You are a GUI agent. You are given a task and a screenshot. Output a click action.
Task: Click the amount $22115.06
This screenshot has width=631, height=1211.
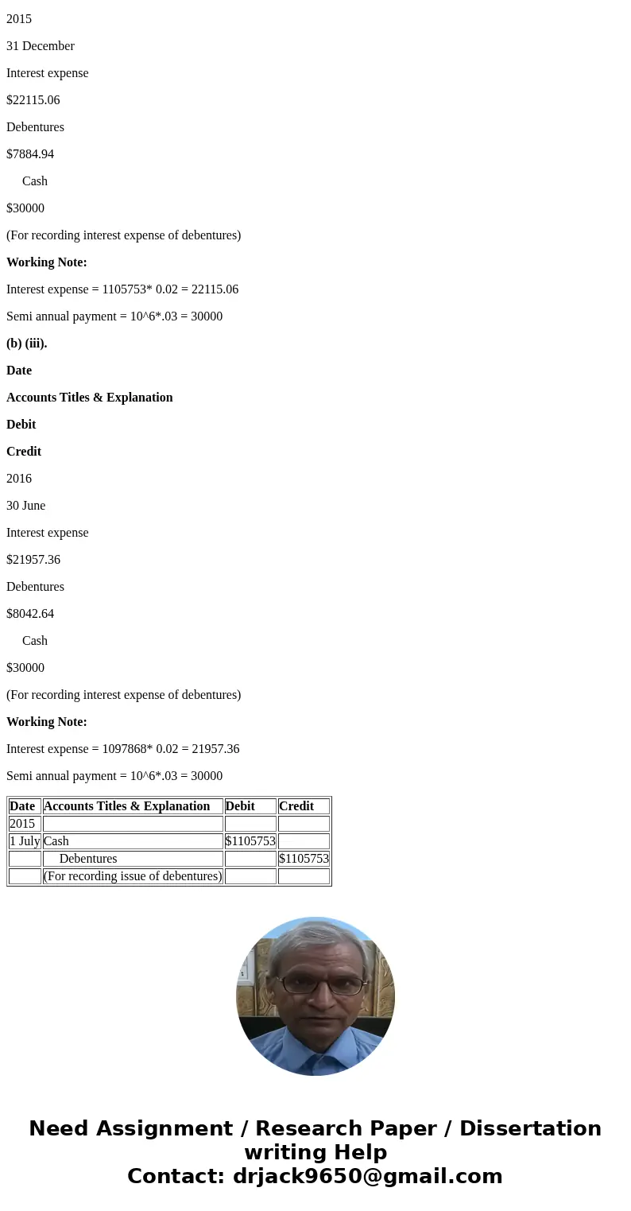pos(33,100)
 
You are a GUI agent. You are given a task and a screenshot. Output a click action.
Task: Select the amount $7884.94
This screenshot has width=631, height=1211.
pos(30,154)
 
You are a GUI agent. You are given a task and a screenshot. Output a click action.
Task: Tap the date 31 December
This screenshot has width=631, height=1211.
pos(41,46)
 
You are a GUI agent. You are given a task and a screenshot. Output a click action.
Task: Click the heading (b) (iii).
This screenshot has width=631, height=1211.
pos(27,344)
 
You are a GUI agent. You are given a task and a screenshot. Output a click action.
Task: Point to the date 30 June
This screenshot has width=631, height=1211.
pos(26,506)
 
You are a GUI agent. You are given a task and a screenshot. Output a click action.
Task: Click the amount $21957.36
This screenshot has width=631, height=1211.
pos(33,560)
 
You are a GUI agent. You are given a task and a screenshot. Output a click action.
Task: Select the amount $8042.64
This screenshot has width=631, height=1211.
pos(30,614)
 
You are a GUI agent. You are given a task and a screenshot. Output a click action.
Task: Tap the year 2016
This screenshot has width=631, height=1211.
pos(19,479)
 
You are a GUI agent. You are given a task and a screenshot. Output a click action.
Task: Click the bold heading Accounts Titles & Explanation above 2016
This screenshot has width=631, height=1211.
pos(90,398)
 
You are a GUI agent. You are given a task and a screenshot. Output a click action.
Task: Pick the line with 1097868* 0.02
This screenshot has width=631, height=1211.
pos(122,749)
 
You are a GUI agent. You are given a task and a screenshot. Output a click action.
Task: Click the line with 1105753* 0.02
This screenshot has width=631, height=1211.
pos(122,289)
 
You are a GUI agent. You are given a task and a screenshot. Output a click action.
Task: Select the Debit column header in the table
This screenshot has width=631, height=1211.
pos(241,806)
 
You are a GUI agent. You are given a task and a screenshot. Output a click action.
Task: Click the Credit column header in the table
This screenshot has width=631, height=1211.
pos(296,806)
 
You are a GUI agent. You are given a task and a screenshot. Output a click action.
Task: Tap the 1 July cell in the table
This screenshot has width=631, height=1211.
pos(25,841)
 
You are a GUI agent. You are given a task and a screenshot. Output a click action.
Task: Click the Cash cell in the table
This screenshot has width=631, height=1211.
pos(56,841)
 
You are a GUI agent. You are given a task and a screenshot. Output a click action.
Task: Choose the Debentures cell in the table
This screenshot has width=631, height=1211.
pos(88,859)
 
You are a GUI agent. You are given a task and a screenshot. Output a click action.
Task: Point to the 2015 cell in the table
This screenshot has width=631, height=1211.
pos(22,824)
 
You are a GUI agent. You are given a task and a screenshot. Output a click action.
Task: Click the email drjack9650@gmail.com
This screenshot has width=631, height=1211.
pos(367,1176)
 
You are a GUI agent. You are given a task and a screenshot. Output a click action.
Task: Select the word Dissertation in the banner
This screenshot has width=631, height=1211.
pos(530,1128)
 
